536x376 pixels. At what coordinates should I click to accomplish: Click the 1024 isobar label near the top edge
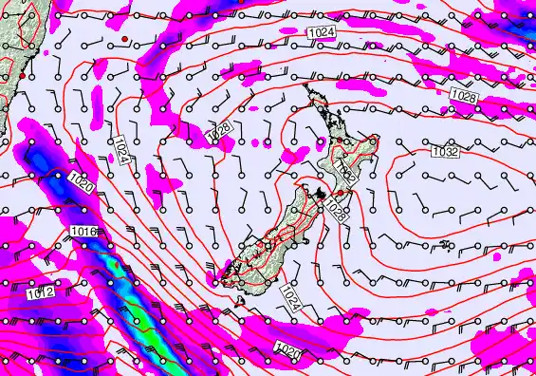point(321,33)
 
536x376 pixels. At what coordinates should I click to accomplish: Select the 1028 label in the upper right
point(464,97)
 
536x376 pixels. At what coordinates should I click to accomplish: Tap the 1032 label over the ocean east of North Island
point(446,151)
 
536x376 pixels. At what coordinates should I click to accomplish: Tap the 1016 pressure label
point(83,232)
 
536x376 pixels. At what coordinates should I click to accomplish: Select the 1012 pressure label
point(40,294)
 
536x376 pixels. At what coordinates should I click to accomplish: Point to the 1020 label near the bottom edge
point(287,351)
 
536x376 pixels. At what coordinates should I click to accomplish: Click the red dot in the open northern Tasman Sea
point(124,37)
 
